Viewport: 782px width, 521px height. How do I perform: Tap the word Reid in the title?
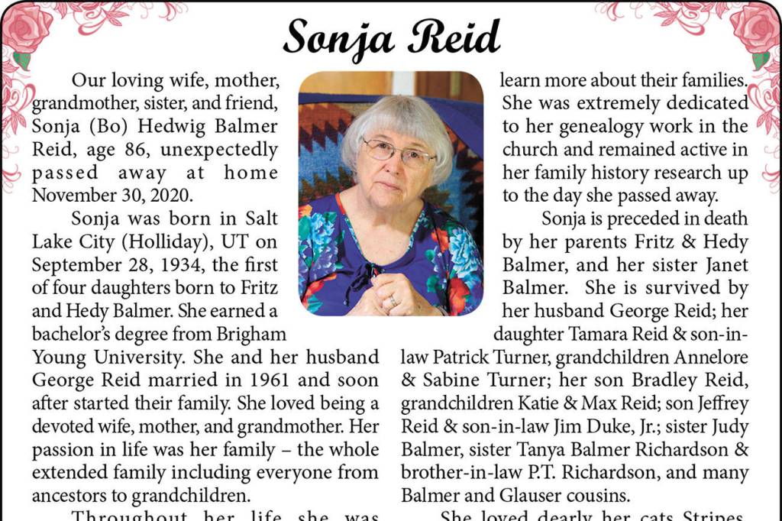[x=454, y=35]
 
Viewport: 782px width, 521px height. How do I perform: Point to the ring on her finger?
[x=393, y=301]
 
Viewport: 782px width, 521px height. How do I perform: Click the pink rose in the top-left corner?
[x=27, y=27]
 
